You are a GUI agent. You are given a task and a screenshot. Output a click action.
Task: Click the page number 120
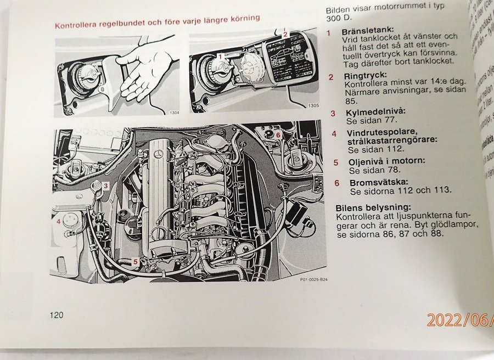57,315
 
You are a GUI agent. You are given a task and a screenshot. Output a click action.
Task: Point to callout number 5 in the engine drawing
136,262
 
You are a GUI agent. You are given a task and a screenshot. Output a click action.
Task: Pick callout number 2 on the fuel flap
285,34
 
